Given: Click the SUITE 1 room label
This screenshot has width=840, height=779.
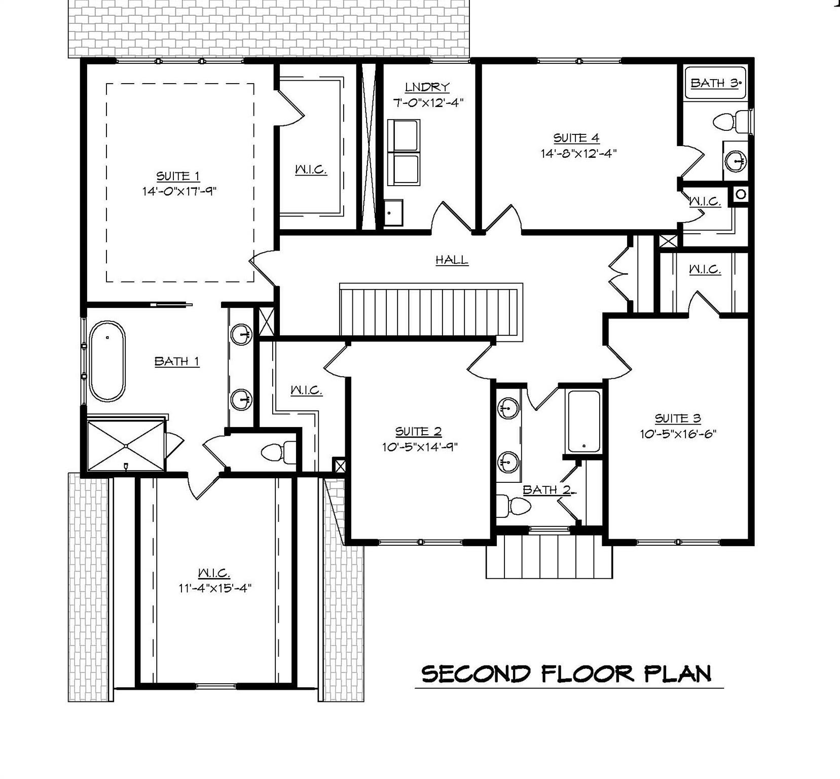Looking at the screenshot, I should click(x=177, y=176).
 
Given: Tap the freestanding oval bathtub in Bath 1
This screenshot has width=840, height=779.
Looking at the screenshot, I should click(x=107, y=361).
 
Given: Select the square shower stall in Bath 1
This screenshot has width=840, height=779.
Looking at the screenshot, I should click(x=126, y=445).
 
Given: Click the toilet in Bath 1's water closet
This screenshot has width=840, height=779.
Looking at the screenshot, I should click(x=279, y=451).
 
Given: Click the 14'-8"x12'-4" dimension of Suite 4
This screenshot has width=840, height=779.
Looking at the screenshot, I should click(x=578, y=153).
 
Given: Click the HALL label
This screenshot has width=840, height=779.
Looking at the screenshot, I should click(x=452, y=260).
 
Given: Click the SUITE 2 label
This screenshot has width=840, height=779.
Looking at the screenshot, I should click(x=418, y=432).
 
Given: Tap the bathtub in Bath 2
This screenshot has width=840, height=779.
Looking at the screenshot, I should click(x=584, y=421).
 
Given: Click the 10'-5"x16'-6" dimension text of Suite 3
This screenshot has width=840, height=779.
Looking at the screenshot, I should click(x=678, y=434).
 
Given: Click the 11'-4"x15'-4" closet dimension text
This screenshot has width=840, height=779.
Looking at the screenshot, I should click(x=215, y=588).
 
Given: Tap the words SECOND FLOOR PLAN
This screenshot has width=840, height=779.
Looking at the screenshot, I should click(x=566, y=674).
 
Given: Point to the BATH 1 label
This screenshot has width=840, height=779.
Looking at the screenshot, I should click(x=176, y=361).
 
